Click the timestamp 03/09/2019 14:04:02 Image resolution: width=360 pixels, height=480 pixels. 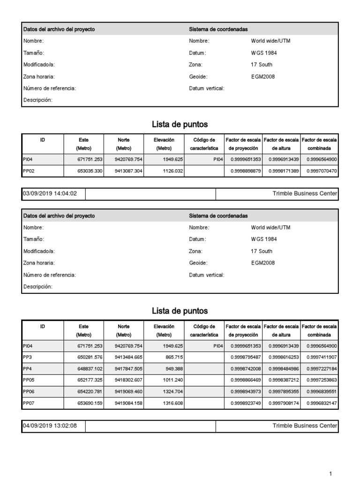click(x=50, y=193)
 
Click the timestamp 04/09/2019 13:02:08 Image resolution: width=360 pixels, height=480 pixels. click(x=50, y=426)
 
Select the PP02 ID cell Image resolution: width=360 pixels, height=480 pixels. click(x=29, y=171)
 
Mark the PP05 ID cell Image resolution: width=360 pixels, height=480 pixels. click(x=29, y=380)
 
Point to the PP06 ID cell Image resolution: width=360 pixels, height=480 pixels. click(x=29, y=391)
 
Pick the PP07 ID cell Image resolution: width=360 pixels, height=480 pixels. click(x=29, y=403)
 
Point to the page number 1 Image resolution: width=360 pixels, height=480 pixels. click(x=331, y=473)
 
